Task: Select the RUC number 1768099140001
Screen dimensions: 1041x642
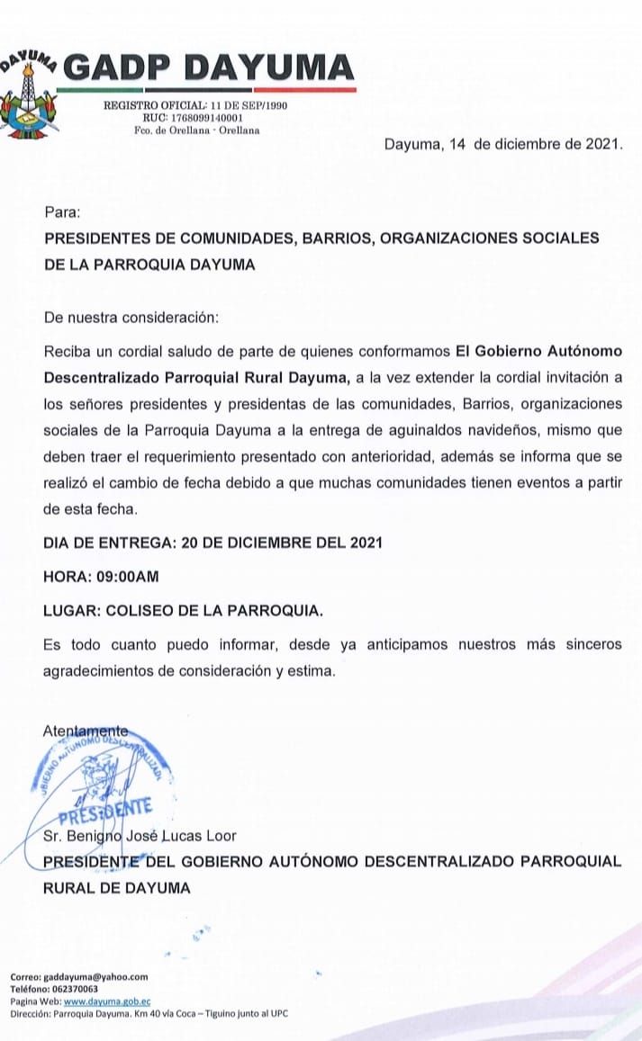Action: pyautogui.click(x=204, y=118)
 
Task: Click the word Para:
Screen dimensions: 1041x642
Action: pyautogui.click(x=62, y=213)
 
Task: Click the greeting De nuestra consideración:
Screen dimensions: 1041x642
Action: pyautogui.click(x=131, y=318)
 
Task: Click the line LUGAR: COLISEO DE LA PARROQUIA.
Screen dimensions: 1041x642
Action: pyautogui.click(x=183, y=610)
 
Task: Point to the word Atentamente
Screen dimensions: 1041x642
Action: pyautogui.click(x=86, y=731)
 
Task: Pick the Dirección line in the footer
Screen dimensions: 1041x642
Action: pyautogui.click(x=149, y=1013)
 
